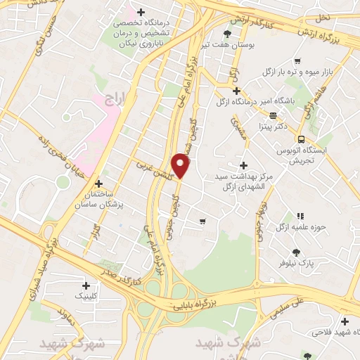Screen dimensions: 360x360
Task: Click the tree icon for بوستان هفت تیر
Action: (226, 33)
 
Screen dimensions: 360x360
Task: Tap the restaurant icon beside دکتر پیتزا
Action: (272, 116)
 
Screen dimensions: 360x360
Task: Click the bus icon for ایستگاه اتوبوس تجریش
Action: (302, 139)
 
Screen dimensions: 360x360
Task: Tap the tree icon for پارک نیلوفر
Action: (296, 252)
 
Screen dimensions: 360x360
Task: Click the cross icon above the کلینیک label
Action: (86, 285)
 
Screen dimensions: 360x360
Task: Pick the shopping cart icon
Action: (202, 221)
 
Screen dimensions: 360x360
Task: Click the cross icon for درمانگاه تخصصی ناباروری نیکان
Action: (141, 13)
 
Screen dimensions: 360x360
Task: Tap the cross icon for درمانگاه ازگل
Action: (237, 91)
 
